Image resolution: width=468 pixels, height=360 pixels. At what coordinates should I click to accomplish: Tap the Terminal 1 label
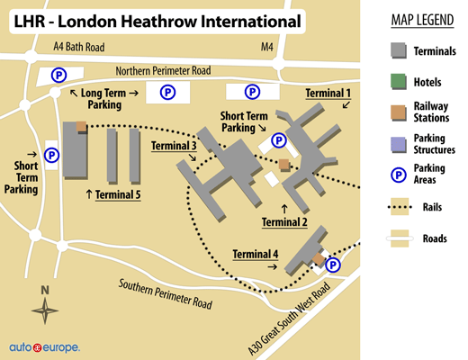[328, 94]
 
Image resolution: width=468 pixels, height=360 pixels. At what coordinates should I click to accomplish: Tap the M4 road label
[266, 46]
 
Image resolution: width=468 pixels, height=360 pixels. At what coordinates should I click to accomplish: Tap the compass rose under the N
[44, 311]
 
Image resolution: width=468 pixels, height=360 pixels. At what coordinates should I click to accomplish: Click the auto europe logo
[44, 346]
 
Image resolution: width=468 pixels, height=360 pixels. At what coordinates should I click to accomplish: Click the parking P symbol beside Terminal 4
[332, 265]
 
